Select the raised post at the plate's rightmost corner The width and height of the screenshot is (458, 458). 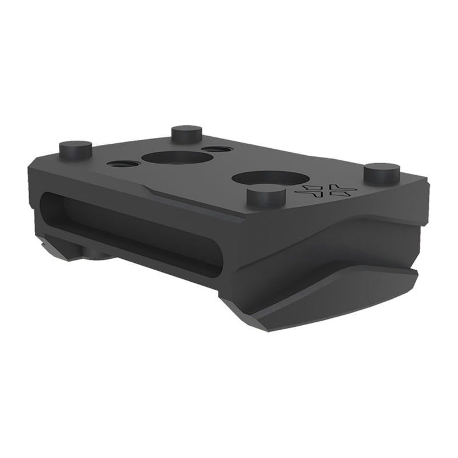[x=381, y=172]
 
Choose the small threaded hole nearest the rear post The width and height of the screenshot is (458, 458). [x=216, y=149]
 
